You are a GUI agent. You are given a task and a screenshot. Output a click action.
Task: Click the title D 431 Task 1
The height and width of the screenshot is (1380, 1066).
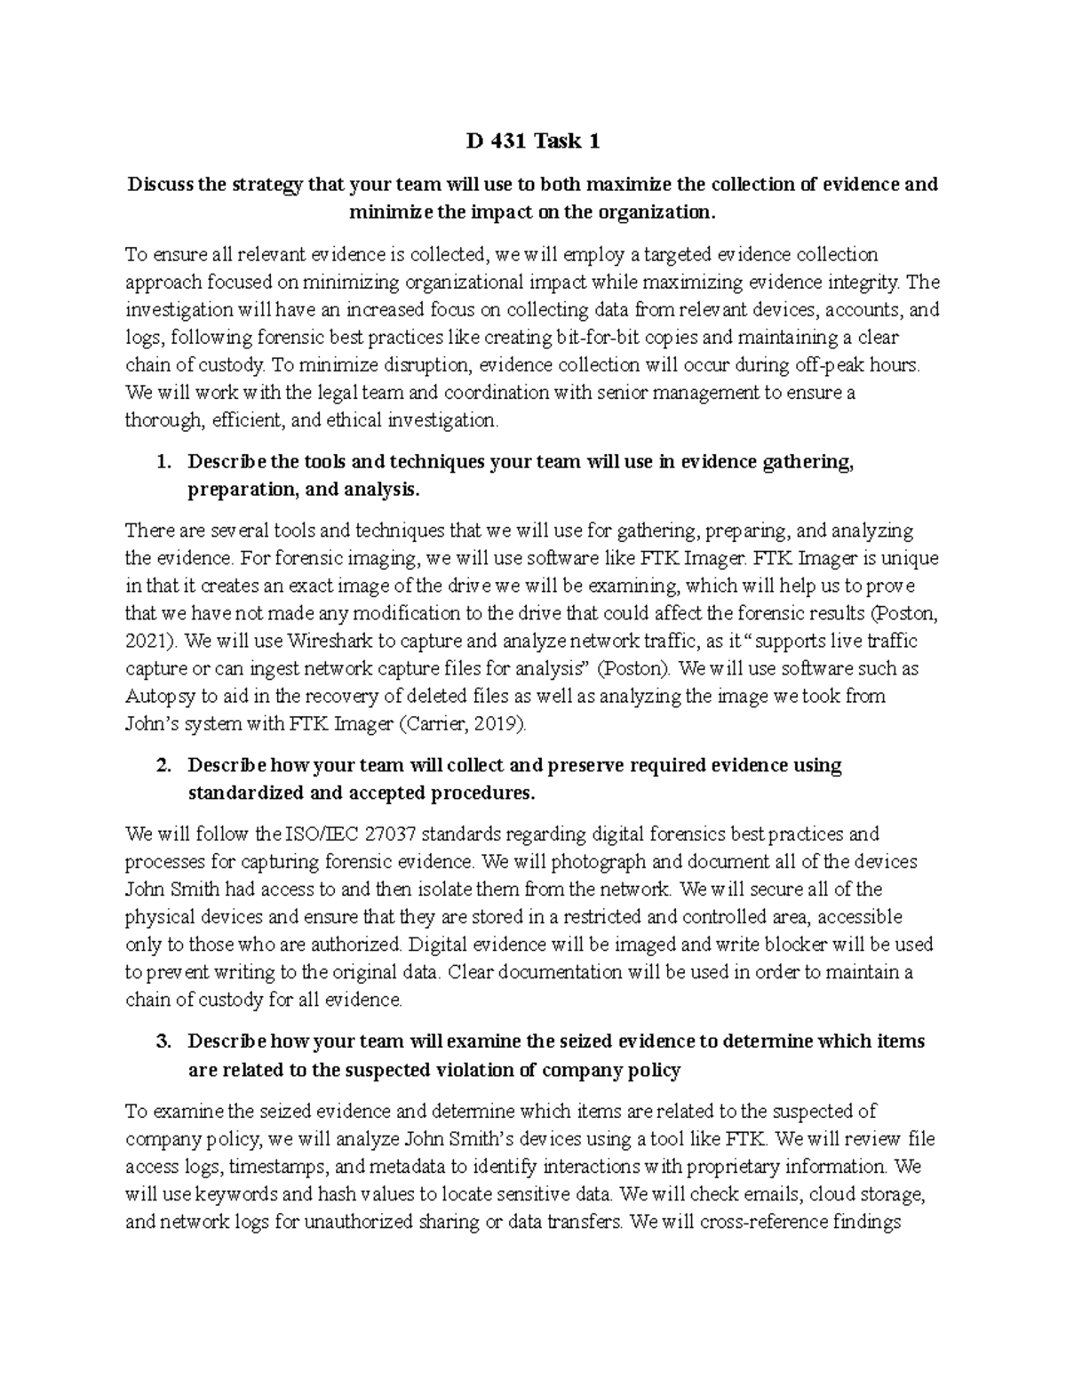[533, 140]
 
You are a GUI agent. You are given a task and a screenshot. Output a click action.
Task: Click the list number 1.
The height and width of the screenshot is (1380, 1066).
[161, 462]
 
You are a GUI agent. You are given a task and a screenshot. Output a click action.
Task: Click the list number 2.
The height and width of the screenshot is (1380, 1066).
[161, 765]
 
